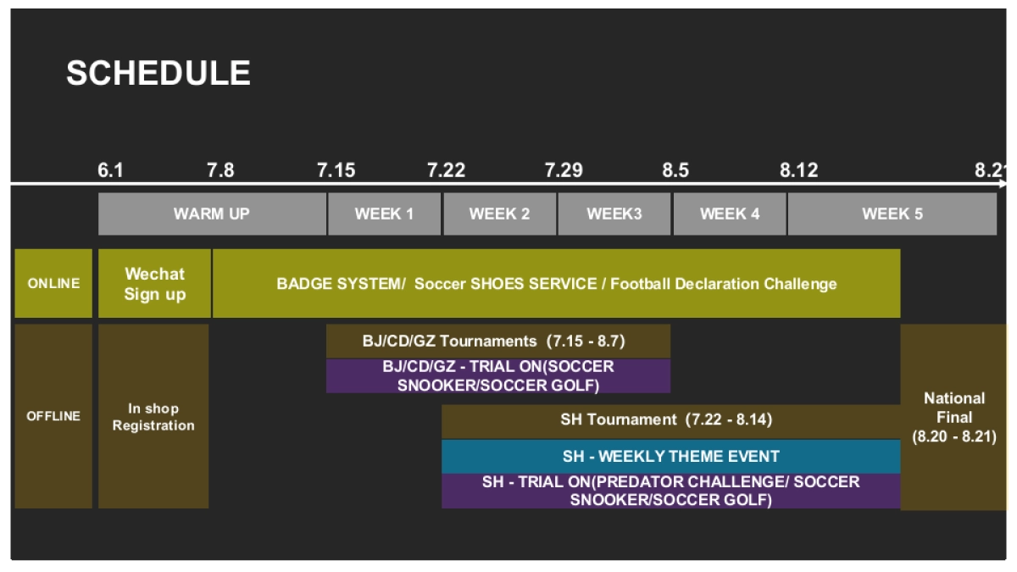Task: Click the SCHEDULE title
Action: click(158, 73)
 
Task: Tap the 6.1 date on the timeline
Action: click(110, 170)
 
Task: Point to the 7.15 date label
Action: click(336, 170)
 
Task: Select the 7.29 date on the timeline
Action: click(564, 170)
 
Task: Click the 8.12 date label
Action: click(798, 170)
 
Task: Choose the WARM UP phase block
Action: click(212, 214)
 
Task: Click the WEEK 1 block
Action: click(384, 214)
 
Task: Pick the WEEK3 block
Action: click(614, 214)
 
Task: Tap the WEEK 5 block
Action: click(892, 214)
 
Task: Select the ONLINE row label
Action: click(53, 283)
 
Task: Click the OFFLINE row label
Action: click(53, 416)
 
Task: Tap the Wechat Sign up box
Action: click(154, 283)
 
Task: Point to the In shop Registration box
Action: click(153, 416)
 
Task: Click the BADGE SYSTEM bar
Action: click(557, 283)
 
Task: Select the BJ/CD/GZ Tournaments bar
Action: click(498, 341)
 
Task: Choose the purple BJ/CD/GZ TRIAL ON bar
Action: click(498, 376)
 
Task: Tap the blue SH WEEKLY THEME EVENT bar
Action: click(671, 456)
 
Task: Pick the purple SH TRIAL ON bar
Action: click(671, 491)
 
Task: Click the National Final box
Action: click(953, 417)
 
